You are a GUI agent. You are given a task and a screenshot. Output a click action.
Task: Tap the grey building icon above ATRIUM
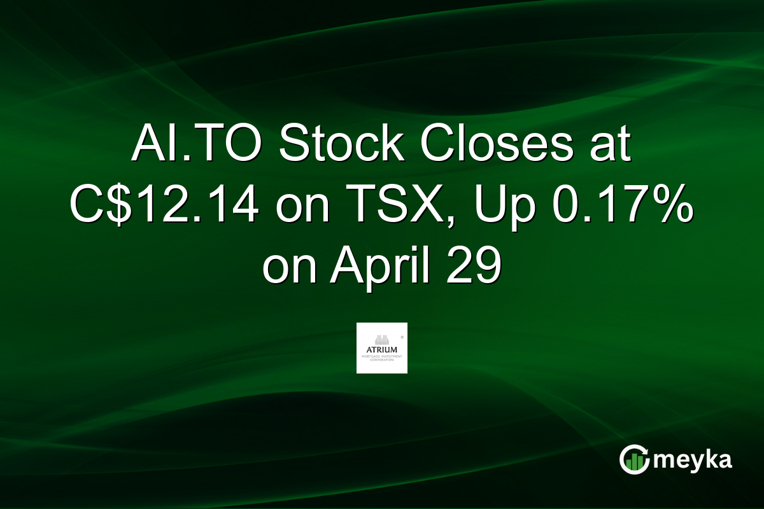[x=382, y=338]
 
